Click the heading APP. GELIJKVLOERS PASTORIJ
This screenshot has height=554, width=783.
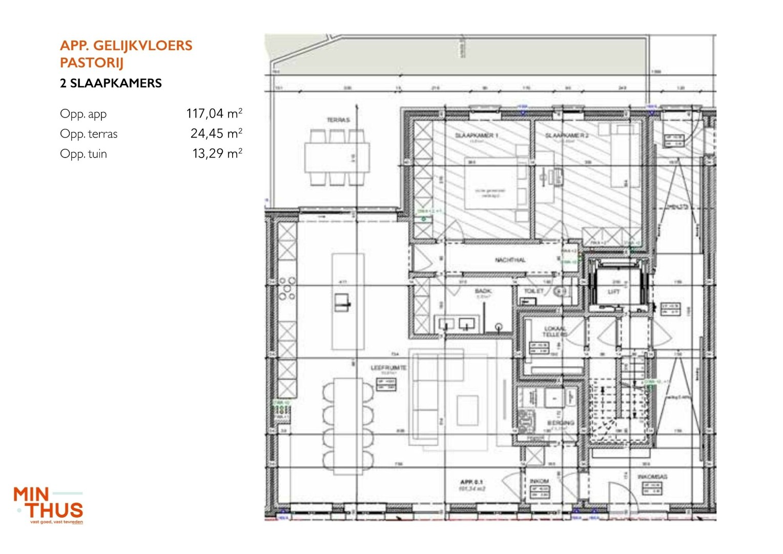tap(126, 54)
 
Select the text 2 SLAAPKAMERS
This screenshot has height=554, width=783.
tap(111, 84)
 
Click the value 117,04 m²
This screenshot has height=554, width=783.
tap(214, 113)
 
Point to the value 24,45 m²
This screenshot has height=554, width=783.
tap(216, 133)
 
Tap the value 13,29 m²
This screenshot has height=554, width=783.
tap(217, 153)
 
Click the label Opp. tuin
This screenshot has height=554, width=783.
tap(84, 154)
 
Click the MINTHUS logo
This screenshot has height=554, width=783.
tap(48, 505)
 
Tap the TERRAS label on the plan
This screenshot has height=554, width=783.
tap(338, 120)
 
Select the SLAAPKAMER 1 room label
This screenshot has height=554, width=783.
tap(477, 135)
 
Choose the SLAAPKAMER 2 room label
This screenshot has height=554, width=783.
tap(567, 135)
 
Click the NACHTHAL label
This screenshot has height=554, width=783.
tap(510, 260)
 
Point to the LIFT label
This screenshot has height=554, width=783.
tap(614, 291)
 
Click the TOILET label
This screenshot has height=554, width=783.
tap(533, 291)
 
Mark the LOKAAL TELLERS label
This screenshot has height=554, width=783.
tap(555, 331)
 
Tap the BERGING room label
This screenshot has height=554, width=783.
tap(561, 423)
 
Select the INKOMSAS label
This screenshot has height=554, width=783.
tap(652, 477)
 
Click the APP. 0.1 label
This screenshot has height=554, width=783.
tap(471, 482)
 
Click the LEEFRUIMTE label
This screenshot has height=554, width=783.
tap(388, 368)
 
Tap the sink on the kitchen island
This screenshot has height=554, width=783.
tap(342, 303)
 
